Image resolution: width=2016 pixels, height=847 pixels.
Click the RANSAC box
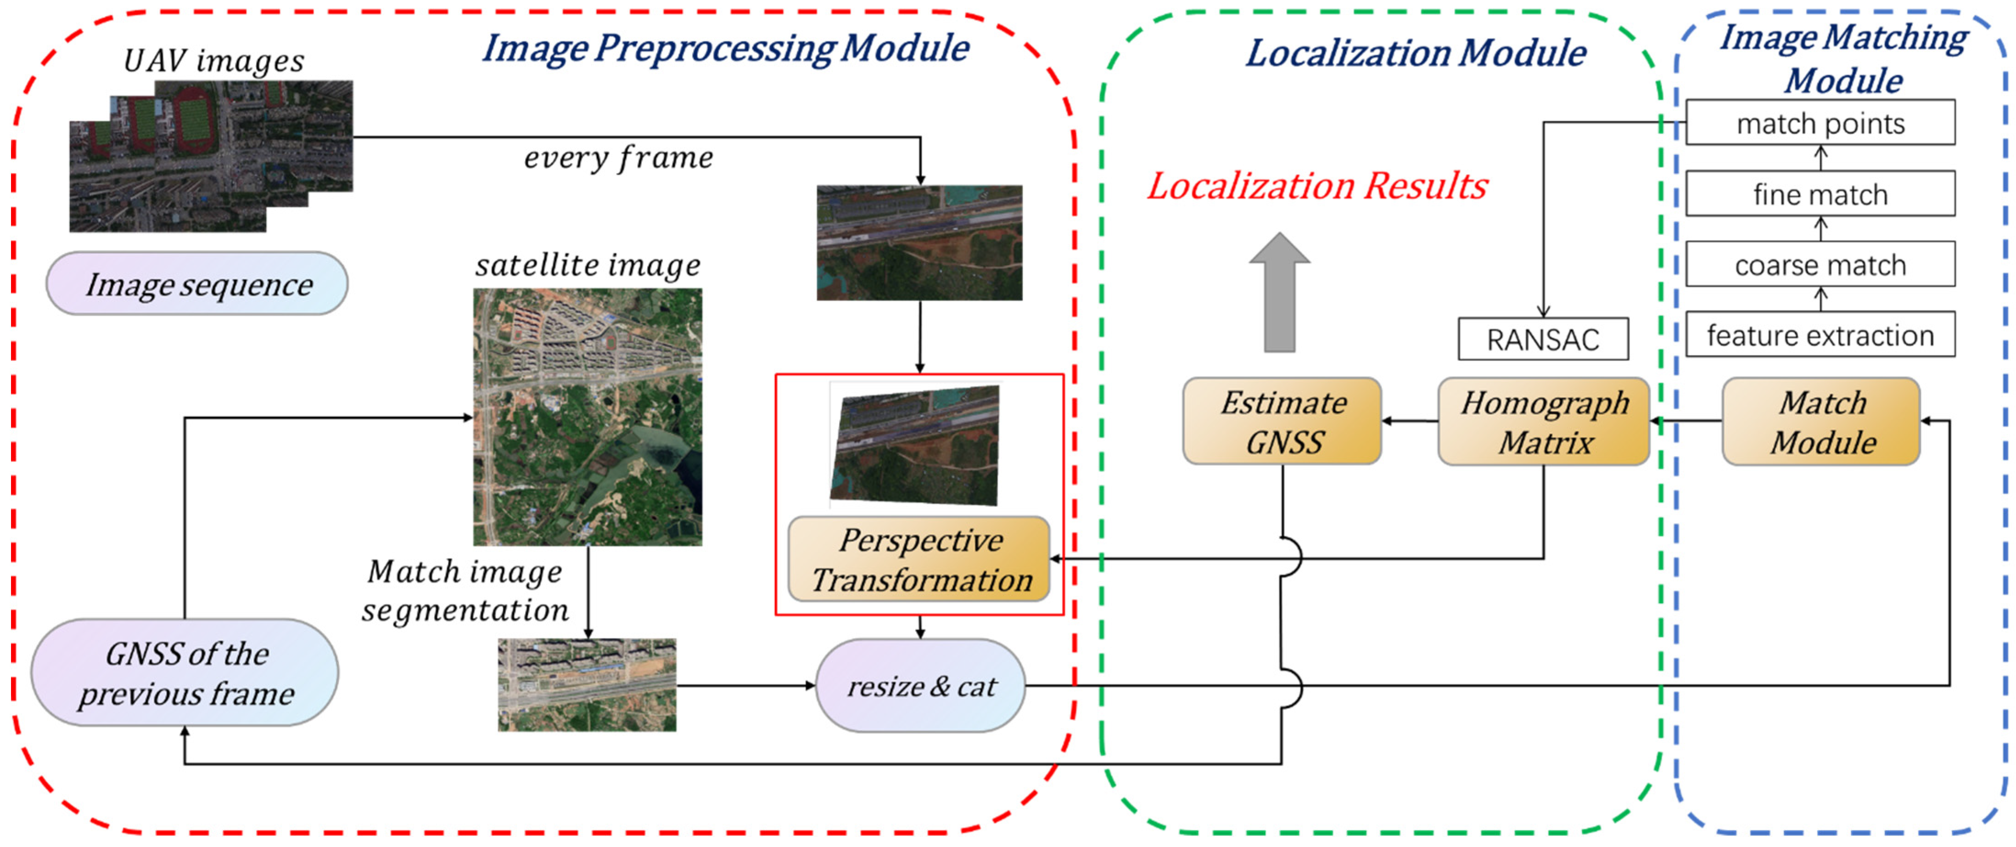[1542, 339]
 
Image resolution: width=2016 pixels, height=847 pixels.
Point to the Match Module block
[1821, 422]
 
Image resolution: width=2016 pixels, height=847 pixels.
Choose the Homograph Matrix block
[1543, 422]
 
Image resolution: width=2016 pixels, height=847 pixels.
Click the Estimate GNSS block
[1282, 422]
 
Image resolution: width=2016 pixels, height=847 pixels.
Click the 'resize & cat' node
[920, 686]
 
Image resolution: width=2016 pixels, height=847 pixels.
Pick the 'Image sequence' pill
[197, 283]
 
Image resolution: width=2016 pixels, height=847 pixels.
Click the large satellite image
[587, 417]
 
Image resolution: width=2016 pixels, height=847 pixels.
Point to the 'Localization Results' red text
[1317, 186]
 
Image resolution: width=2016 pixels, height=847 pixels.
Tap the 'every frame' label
[618, 158]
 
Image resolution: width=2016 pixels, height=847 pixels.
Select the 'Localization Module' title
[1415, 53]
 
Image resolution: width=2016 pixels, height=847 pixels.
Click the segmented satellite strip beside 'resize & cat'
[587, 685]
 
